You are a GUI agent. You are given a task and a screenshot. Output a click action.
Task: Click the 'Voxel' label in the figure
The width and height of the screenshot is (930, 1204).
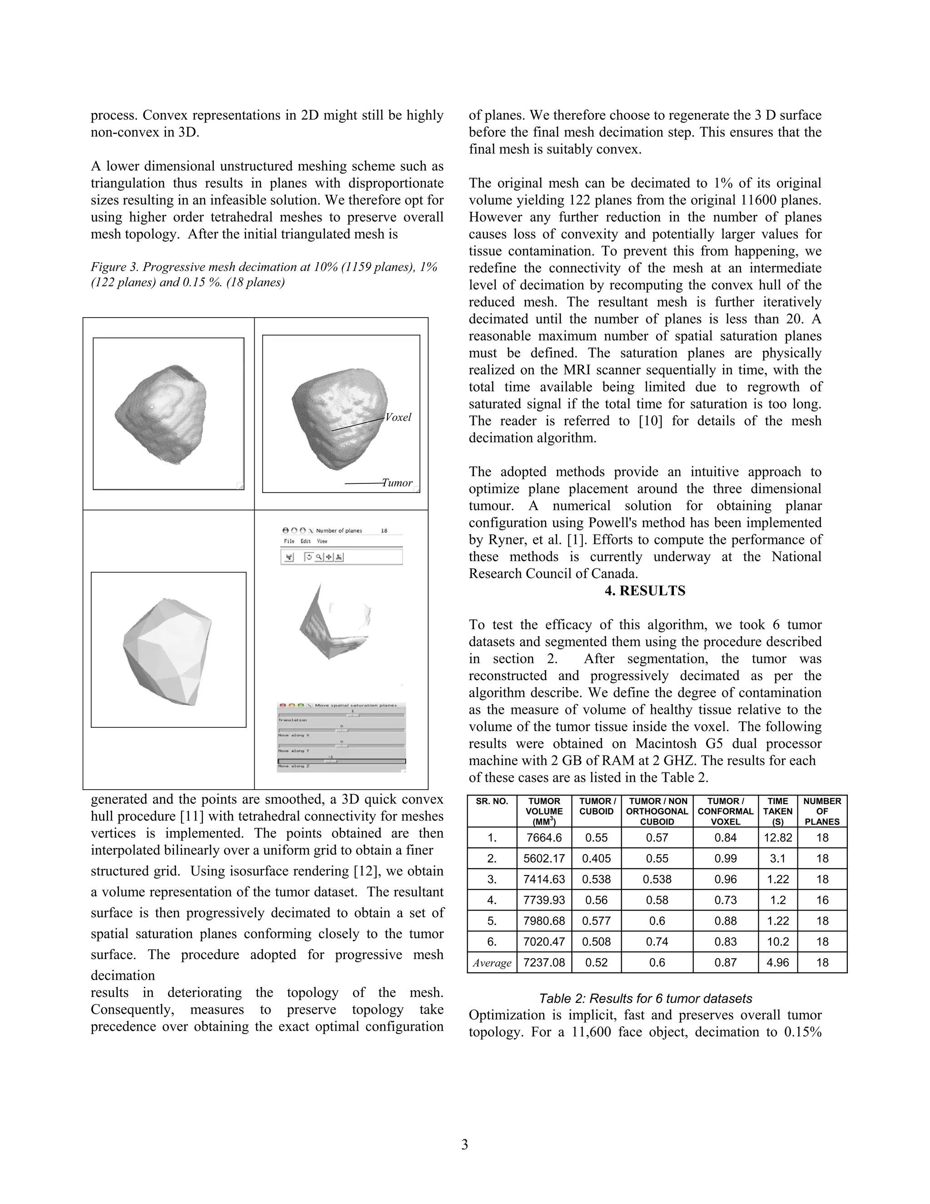(x=398, y=418)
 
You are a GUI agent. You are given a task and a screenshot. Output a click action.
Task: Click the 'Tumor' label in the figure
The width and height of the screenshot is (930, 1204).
(x=397, y=483)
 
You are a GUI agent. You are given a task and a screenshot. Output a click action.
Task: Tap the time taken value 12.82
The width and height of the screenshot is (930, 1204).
(x=777, y=838)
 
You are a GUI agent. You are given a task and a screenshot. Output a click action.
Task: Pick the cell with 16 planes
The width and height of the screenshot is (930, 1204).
(x=822, y=900)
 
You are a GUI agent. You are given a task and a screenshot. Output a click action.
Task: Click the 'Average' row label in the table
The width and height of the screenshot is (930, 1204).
(x=492, y=963)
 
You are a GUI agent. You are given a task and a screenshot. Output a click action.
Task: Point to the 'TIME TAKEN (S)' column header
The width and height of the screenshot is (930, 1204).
(x=777, y=811)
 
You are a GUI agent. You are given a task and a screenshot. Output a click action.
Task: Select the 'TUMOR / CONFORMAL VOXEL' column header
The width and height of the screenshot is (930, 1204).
(x=725, y=811)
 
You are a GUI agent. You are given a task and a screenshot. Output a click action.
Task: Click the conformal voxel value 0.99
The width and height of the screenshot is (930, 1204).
(x=725, y=858)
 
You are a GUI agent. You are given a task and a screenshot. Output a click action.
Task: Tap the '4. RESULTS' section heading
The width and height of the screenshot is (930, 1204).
(x=645, y=591)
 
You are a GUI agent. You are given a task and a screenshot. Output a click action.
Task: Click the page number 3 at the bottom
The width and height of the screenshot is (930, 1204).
(x=465, y=1145)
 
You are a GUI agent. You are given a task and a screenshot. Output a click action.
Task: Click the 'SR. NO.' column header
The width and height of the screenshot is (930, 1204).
(x=492, y=801)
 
